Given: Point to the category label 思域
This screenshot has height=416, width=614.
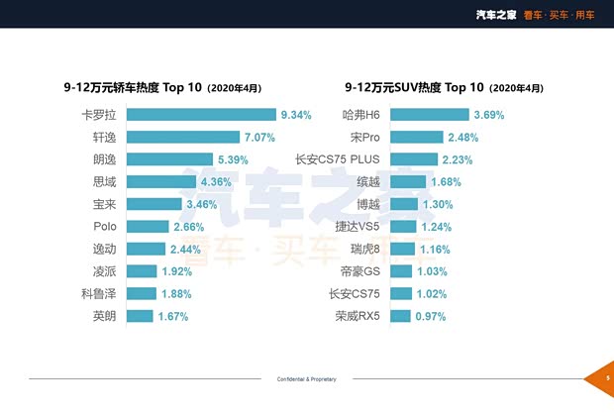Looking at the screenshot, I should (x=106, y=181).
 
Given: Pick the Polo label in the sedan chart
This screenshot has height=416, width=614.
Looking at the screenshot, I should (x=107, y=227).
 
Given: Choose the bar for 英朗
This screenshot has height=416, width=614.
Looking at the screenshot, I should (x=141, y=316).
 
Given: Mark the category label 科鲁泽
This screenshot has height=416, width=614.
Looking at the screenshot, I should (x=100, y=293).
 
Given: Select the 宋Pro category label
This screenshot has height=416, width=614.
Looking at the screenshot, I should (x=365, y=137).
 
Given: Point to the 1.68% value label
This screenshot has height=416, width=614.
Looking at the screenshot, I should (x=447, y=181).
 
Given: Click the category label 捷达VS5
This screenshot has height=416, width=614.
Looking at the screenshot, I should (x=358, y=227).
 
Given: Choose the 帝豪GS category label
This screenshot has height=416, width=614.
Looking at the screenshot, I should (x=360, y=271).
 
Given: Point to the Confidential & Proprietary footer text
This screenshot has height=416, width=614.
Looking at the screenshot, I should (x=307, y=379).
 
